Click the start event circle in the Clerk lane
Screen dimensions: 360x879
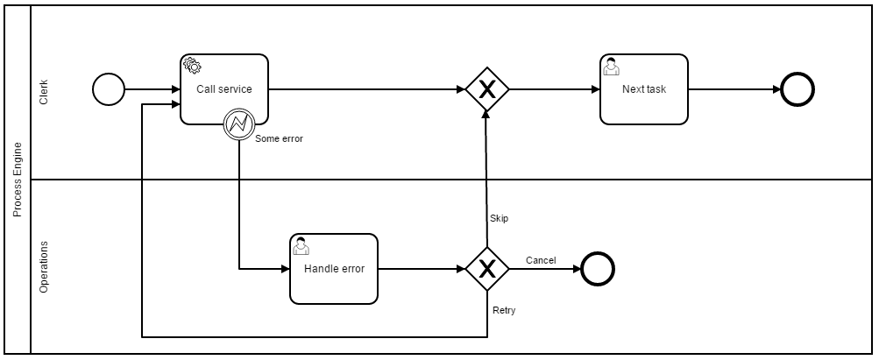[109, 89]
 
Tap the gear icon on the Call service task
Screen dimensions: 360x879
[191, 66]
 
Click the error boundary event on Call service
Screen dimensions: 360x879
[238, 124]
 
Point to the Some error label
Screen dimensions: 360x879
[279, 138]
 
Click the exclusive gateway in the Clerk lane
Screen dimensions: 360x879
[486, 89]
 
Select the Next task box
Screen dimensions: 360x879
[644, 89]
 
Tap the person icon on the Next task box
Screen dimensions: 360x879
[611, 66]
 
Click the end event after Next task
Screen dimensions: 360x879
[797, 89]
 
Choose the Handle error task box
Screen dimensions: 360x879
[334, 269]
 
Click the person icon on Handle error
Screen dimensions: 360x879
[301, 245]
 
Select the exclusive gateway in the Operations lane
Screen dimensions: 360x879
[486, 269]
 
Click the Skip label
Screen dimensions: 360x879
[499, 218]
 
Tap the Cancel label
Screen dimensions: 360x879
[541, 260]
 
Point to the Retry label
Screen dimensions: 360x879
[504, 310]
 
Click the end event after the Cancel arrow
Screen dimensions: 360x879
[598, 269]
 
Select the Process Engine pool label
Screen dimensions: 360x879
[17, 180]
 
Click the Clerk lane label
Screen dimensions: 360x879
[44, 93]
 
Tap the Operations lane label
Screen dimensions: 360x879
[44, 266]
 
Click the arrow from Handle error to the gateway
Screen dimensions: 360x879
[421, 269]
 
